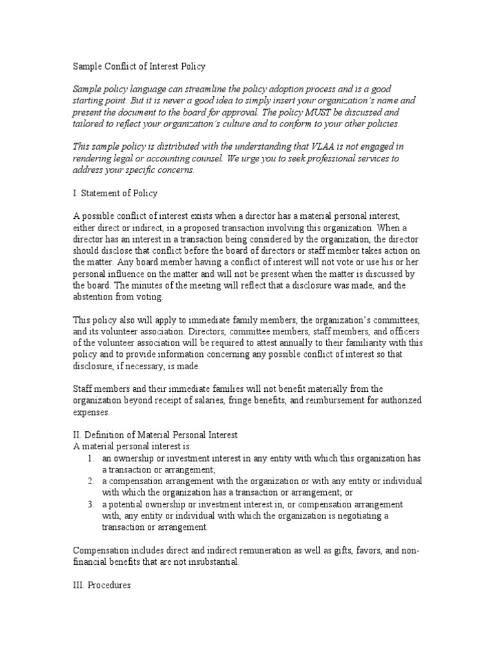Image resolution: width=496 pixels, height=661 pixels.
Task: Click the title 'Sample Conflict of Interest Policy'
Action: [139, 66]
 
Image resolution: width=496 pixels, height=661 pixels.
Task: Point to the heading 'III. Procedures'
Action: [101, 585]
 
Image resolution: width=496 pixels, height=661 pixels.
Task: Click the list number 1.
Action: [90, 458]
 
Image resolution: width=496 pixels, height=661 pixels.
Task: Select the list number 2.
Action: [90, 482]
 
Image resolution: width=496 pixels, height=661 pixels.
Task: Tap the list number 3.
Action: [90, 504]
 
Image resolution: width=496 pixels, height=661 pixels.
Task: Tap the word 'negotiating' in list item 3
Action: [367, 516]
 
